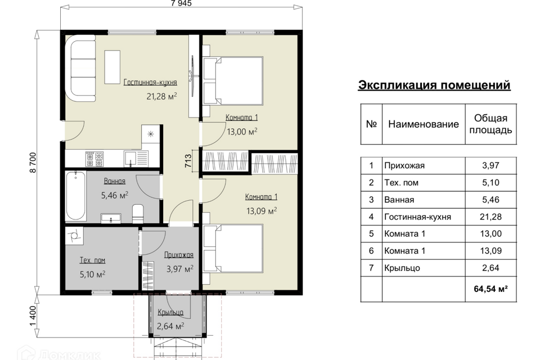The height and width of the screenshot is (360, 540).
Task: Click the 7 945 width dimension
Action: pos(181,3)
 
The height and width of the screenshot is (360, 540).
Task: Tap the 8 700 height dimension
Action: pos(33,163)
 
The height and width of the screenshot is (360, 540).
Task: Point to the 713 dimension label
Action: pos(188,161)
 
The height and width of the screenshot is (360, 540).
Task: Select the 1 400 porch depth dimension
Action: pos(33,316)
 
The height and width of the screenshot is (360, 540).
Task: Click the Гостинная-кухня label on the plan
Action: pos(150,82)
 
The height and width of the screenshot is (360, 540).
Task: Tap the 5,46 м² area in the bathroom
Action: pos(115,196)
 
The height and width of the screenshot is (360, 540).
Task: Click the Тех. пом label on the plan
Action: pos(92,260)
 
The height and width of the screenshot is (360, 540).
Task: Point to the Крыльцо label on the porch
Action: pos(170,312)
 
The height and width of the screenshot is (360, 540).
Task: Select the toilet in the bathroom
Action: pos(138,214)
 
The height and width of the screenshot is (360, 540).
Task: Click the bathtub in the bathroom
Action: pos(76,195)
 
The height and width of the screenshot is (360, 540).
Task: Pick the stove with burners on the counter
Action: pos(94,159)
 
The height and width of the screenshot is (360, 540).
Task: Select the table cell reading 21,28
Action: pos(490,217)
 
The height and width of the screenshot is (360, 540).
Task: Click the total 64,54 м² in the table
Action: pos(490,289)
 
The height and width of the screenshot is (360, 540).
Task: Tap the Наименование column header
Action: pos(424,124)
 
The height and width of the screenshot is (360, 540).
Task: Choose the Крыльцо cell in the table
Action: pos(402,268)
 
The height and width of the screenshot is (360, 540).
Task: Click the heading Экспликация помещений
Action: pos(434,85)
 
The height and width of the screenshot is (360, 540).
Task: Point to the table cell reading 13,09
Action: pos(490,251)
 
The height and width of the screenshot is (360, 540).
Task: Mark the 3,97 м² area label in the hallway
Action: pos(180,269)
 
